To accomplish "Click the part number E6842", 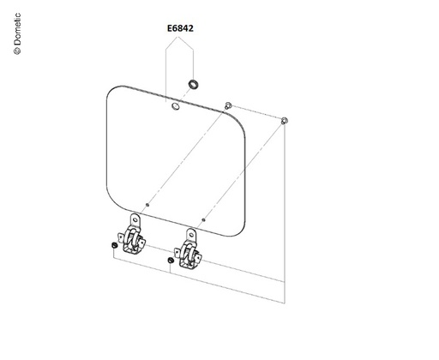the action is point(180,28).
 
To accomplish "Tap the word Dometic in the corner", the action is point(17,29).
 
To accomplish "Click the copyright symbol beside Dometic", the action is point(17,51).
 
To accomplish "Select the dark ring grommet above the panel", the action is point(194,85).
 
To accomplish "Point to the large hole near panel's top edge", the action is point(176,106).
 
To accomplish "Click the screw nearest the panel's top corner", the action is point(228,105).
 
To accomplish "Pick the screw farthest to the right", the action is point(284,121).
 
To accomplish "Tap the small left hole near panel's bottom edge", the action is point(147,205).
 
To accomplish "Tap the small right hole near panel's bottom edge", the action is point(203,219).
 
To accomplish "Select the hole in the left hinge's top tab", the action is point(135,219).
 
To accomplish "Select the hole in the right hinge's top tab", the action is point(191,235).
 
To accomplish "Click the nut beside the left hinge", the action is point(114,245).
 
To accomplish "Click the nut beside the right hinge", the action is point(171,261).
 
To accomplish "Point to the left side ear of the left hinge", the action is point(121,237).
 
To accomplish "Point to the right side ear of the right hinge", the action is point(199,259).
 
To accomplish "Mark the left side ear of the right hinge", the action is point(177,252).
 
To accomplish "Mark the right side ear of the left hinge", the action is point(142,243).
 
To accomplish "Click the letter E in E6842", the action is point(169,28).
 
